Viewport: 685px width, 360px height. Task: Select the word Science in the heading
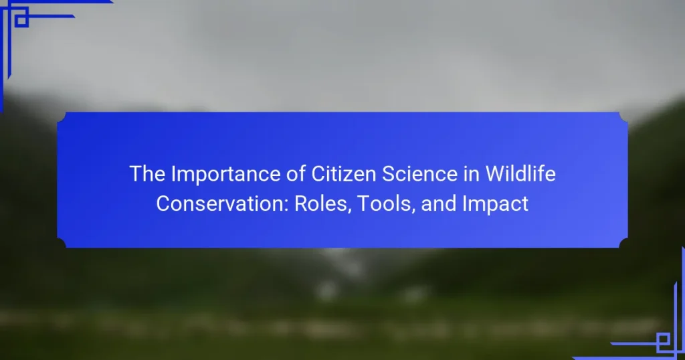tap(419, 174)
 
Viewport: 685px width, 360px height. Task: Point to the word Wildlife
tap(520, 174)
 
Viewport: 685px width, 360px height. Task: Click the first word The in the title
tap(147, 174)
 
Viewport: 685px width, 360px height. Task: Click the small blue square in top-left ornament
tap(21, 20)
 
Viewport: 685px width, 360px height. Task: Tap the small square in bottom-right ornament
tap(663, 339)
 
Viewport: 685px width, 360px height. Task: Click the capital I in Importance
tap(173, 174)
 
